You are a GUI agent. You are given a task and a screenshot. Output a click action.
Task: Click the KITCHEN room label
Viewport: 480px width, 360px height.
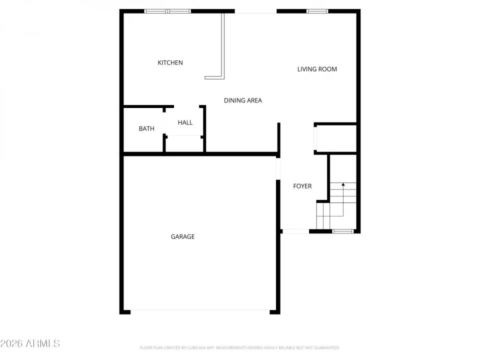coord(170,62)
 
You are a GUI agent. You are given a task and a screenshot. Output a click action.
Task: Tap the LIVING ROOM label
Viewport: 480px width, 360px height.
coord(317,69)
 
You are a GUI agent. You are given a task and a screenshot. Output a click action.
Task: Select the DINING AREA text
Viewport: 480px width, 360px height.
coord(242,100)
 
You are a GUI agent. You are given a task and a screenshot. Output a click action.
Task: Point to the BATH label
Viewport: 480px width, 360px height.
coord(146,128)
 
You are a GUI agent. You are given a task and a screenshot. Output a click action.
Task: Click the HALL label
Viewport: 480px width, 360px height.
coord(185,122)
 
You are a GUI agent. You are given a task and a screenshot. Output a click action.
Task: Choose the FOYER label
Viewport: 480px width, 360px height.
coord(302,186)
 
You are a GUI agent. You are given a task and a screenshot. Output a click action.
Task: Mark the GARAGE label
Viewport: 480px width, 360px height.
coord(182,236)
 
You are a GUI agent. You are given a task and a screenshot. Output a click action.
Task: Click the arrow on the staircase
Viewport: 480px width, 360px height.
coord(343,185)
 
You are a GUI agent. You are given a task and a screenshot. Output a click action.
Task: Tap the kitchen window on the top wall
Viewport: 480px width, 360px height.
coord(167,10)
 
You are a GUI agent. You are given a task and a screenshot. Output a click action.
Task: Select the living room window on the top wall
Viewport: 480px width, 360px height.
coord(317,10)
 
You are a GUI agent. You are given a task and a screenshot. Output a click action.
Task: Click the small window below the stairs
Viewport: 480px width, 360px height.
coord(343,231)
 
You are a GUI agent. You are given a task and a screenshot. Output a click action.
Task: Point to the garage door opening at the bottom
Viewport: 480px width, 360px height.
coord(200,311)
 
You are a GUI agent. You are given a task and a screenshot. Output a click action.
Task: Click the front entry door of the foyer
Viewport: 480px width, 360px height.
coord(295,231)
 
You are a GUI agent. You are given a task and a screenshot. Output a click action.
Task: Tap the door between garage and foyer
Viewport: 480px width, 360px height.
coord(278,168)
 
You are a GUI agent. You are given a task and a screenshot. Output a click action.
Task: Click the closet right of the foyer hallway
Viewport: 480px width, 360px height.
coord(335,138)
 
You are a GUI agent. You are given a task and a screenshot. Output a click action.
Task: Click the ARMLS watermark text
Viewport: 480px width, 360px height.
coord(30,343)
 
